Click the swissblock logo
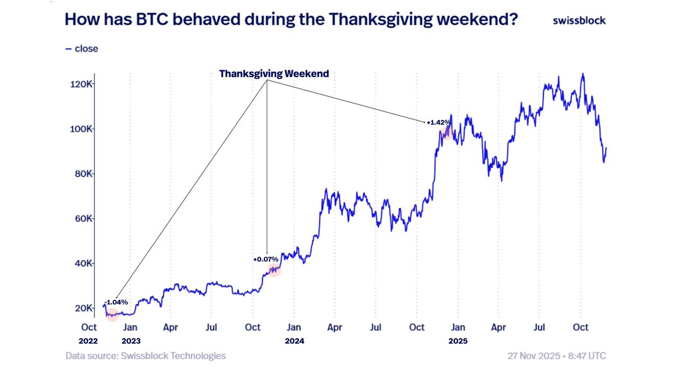click(x=579, y=20)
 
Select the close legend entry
click(x=82, y=49)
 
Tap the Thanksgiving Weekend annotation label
click(x=274, y=74)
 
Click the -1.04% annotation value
click(x=116, y=302)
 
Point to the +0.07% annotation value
click(x=266, y=259)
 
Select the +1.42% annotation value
click(x=439, y=122)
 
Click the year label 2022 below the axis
click(x=88, y=340)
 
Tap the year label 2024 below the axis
click(x=294, y=340)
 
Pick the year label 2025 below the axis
click(x=458, y=340)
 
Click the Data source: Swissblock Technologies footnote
click(x=145, y=356)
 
